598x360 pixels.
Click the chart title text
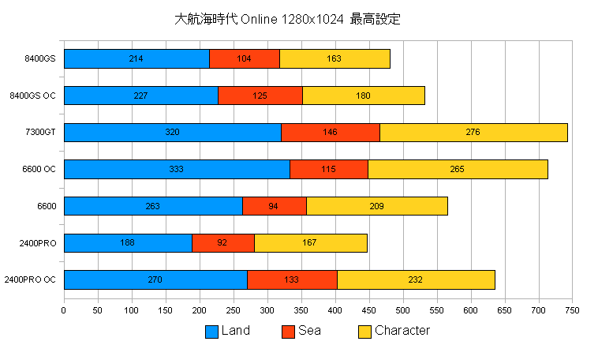pos(287,19)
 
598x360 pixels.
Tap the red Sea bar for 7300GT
pos(330,133)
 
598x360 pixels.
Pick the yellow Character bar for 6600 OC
pos(458,169)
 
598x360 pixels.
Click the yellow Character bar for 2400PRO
pos(310,243)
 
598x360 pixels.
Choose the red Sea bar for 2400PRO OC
pos(292,279)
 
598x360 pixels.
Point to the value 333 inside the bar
pos(176,169)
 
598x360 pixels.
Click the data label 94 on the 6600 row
pos(274,206)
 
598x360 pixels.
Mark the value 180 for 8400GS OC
pos(363,96)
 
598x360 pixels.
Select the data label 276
pos(473,133)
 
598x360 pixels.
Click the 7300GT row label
pos(40,133)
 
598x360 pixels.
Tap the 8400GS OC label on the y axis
pos(32,96)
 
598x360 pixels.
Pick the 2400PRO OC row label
pos(30,279)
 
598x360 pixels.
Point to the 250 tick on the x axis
pos(233,311)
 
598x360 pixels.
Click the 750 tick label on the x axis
pos(572,311)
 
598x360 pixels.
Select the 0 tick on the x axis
pos(64,311)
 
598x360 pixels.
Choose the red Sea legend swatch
pos(288,332)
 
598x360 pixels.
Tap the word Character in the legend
pos(402,331)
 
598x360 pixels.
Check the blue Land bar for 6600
pos(153,206)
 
